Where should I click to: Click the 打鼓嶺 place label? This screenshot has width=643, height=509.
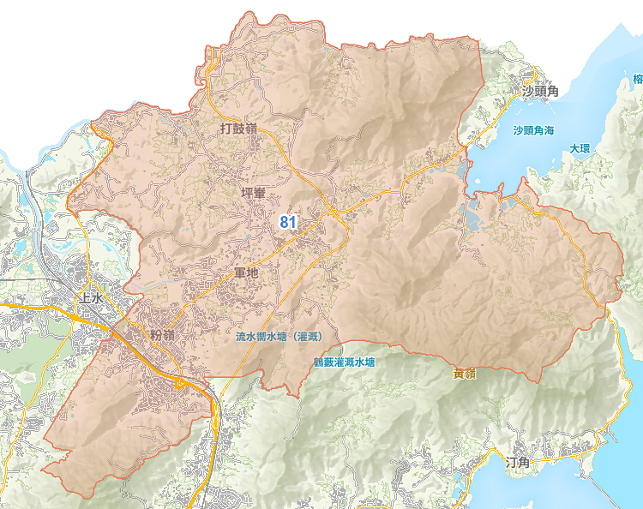click(238, 129)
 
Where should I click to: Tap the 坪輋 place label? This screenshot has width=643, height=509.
click(256, 194)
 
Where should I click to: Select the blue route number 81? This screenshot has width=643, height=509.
click(288, 222)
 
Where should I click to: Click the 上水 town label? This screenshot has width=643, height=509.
click(90, 299)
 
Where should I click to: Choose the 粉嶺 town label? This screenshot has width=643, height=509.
click(161, 334)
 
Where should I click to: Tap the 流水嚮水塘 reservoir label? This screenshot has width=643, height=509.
click(263, 337)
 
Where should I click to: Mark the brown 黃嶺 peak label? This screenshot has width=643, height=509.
click(465, 374)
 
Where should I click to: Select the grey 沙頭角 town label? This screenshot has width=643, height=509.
click(540, 91)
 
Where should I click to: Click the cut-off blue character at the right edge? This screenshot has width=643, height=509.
click(637, 79)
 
